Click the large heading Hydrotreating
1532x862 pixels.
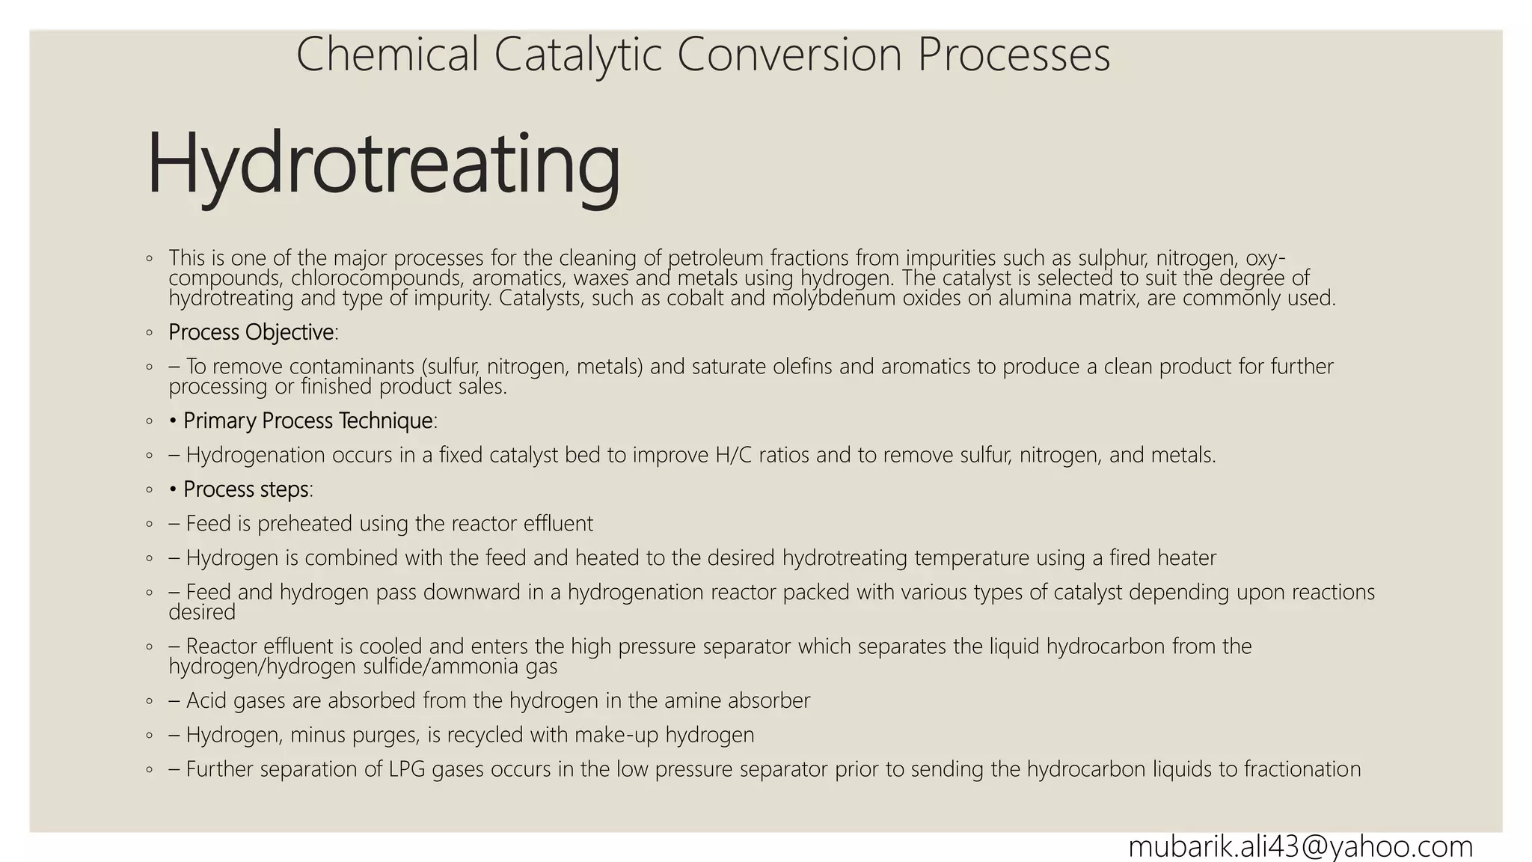[383, 165]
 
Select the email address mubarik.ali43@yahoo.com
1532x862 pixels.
[1300, 846]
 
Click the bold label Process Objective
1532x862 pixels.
[251, 332]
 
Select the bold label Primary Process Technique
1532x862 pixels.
[308, 421]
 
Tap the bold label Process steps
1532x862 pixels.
[246, 489]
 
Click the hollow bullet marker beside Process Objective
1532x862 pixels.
[150, 332]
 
